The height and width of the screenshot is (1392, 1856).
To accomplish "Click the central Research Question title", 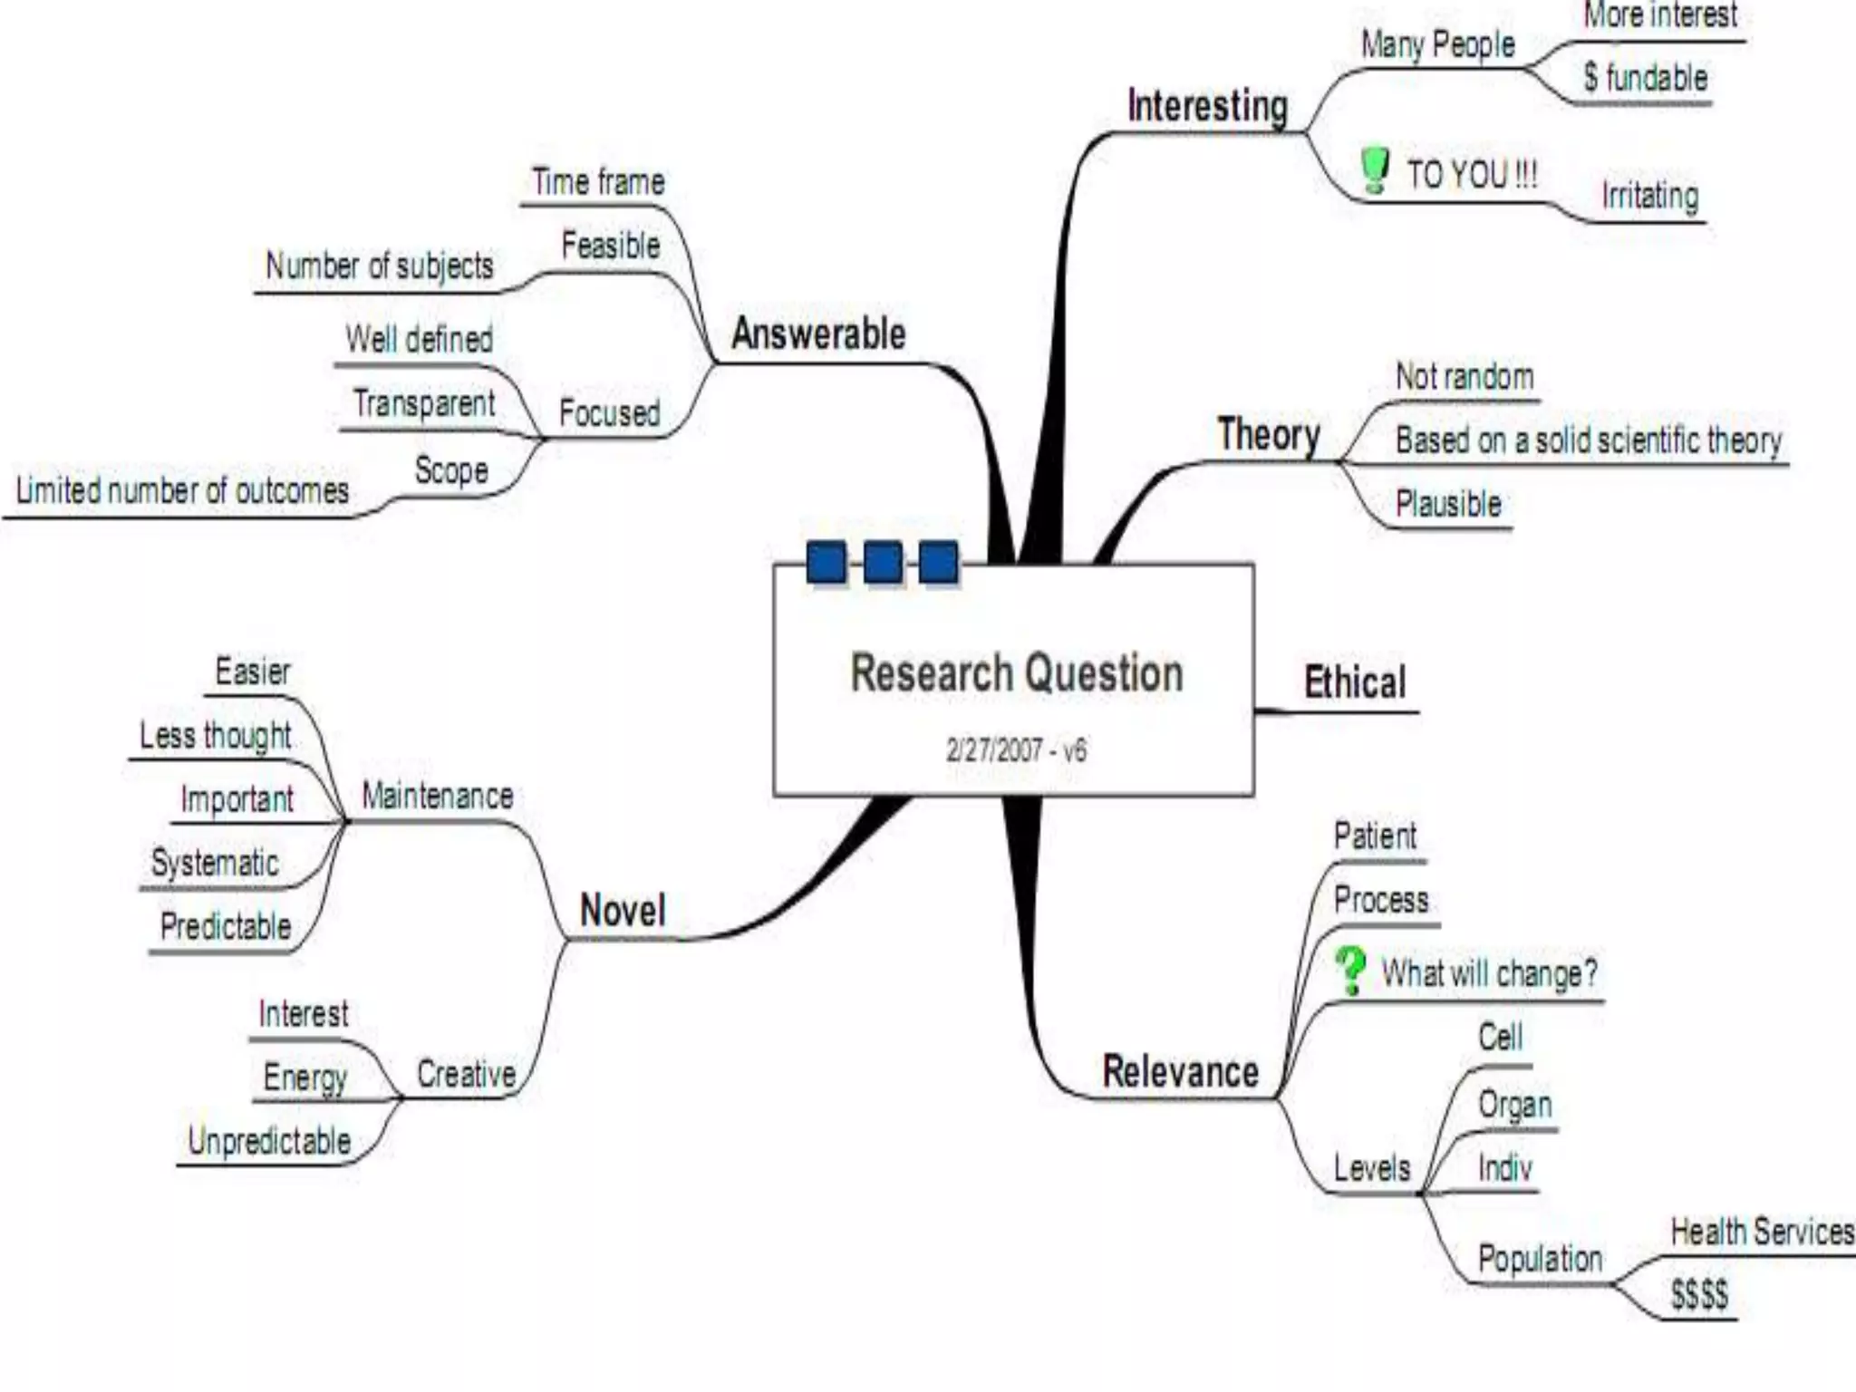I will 1017,673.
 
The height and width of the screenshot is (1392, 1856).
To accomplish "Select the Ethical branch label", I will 1355,682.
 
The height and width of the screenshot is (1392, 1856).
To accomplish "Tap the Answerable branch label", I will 818,333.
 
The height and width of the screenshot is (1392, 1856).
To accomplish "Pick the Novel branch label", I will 623,910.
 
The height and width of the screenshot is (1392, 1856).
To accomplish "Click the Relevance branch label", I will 1180,1071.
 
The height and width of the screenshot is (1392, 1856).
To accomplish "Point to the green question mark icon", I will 1350,971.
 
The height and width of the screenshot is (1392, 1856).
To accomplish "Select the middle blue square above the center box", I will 883,562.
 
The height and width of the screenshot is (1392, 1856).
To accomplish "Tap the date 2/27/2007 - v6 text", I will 1016,750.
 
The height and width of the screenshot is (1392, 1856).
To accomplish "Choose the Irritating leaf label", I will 1649,196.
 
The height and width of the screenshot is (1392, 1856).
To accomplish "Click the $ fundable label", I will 1645,78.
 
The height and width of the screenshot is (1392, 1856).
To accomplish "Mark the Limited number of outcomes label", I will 182,490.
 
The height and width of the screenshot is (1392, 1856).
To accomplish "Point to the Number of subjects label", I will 379,266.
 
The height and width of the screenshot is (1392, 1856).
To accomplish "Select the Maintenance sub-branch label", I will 438,796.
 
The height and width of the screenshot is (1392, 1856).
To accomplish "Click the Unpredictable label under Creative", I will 269,1140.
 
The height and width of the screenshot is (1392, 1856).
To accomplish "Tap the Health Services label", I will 1762,1232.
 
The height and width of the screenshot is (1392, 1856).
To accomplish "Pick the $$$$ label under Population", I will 1699,1294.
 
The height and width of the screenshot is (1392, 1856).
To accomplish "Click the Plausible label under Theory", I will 1448,504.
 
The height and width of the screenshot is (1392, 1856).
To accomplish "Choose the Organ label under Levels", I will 1514,1105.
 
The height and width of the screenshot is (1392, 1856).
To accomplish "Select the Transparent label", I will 423,403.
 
